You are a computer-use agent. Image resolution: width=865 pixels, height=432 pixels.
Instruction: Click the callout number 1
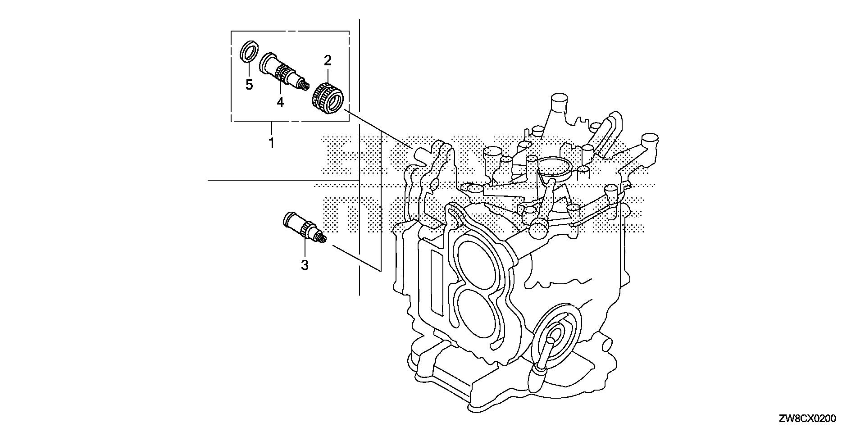pos(271,143)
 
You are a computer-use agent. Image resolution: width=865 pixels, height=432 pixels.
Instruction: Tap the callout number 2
pos(328,60)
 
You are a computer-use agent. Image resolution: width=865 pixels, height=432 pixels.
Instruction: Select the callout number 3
pos(305,265)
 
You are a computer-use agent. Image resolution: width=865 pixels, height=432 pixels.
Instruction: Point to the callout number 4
pos(280,103)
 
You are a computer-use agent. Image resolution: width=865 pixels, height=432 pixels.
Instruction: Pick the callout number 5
pos(249,84)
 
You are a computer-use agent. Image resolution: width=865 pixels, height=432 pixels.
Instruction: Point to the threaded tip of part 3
pos(322,239)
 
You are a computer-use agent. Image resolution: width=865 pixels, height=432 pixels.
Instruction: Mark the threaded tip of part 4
pos(306,84)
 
